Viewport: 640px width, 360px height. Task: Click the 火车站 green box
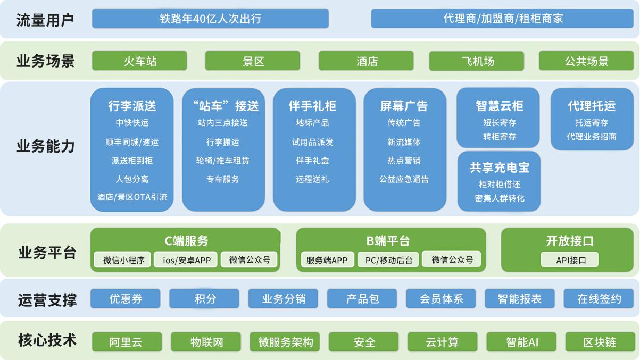[139, 61]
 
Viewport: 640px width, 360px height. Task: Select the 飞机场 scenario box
[476, 61]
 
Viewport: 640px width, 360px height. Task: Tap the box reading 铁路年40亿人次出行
[210, 19]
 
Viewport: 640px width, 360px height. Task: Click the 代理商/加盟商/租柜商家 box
[502, 19]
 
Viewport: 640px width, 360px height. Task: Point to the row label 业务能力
[45, 146]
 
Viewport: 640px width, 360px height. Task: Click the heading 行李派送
[132, 106]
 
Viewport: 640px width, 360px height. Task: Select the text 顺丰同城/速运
[132, 142]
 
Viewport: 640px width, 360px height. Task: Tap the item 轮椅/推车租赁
[222, 161]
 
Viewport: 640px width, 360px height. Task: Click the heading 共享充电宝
[500, 168]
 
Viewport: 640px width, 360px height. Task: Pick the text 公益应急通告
[404, 179]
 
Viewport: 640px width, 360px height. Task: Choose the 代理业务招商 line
[592, 137]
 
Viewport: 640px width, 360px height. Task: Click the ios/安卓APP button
[186, 259]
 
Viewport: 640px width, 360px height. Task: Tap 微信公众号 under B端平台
[452, 259]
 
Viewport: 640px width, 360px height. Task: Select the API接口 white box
[570, 259]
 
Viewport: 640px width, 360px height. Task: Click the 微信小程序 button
[122, 259]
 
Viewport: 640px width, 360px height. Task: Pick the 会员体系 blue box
[441, 299]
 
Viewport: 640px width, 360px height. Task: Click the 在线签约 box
[599, 299]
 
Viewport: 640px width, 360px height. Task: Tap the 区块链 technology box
[599, 342]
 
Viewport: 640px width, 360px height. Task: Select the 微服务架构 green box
[285, 342]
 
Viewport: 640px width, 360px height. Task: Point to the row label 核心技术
[47, 340]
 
